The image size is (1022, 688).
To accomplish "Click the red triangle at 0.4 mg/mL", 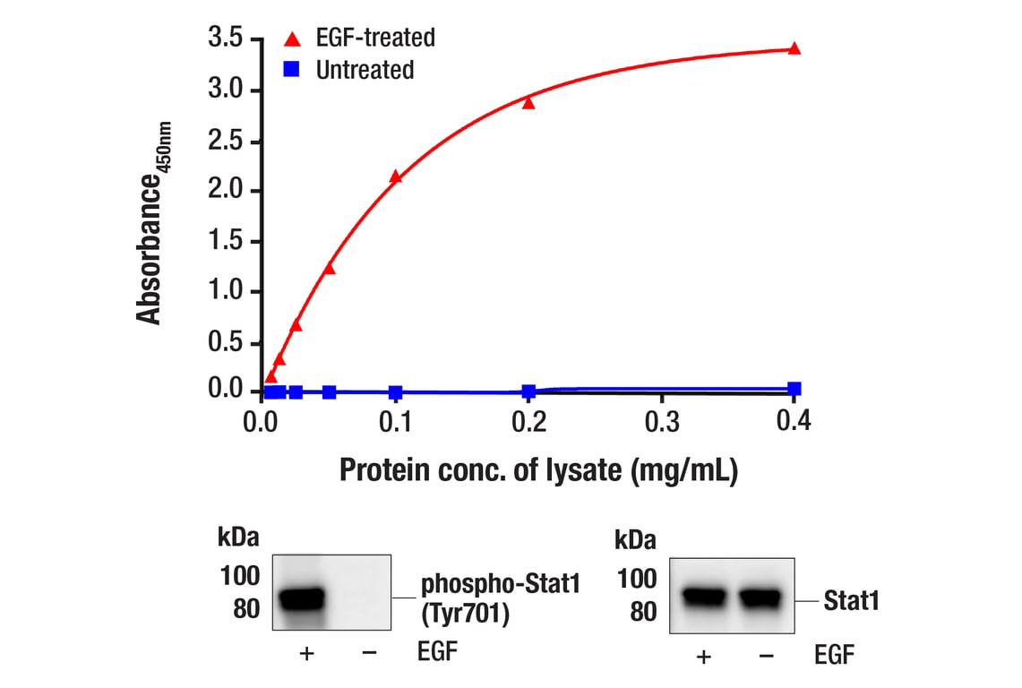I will tap(794, 48).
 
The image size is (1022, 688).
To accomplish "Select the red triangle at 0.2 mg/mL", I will tap(528, 102).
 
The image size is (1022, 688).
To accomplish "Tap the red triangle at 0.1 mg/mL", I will tap(395, 176).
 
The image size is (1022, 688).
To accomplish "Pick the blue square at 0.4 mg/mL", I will tap(794, 389).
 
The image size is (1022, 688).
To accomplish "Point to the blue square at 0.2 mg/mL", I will tap(528, 391).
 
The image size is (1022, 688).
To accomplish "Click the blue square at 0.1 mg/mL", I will tap(395, 392).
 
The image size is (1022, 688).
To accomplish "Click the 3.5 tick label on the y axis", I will tap(226, 39).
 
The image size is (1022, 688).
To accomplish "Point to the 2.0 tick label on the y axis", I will tap(226, 191).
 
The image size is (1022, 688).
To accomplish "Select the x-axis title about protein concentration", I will tap(537, 469).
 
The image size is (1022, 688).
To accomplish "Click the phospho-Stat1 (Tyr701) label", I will tap(501, 599).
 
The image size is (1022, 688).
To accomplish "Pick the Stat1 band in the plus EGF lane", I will tap(702, 597).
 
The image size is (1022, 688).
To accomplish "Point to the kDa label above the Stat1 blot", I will tap(635, 541).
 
